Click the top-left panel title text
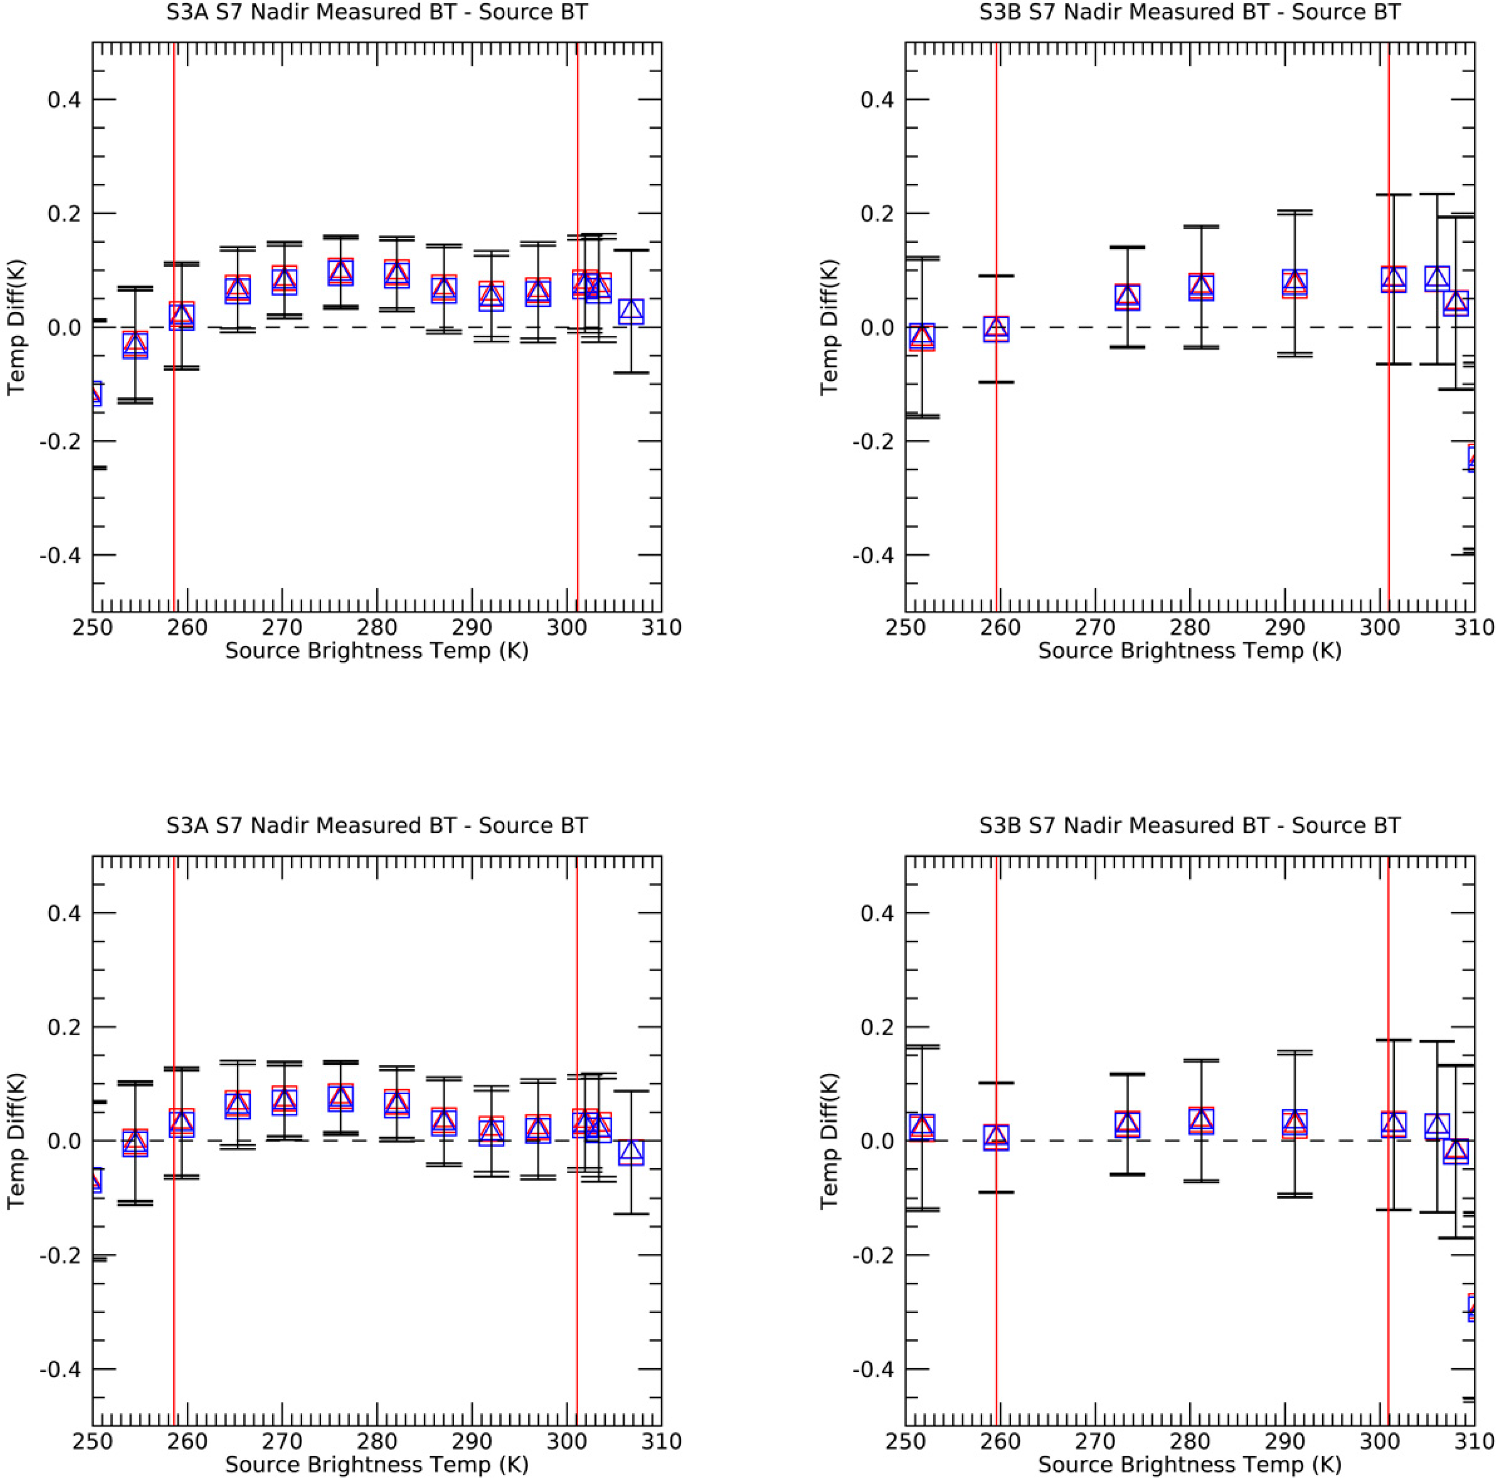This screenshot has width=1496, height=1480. point(377,12)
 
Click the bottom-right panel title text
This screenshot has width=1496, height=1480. point(1190,826)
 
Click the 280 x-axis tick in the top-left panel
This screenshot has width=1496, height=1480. point(377,627)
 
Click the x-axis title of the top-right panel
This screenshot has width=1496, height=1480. point(1190,650)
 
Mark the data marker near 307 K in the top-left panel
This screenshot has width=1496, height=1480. point(631,310)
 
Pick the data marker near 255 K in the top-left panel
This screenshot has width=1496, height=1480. point(136,344)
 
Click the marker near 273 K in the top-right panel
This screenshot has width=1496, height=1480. point(1128,296)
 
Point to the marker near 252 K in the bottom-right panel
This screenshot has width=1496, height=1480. point(921,1127)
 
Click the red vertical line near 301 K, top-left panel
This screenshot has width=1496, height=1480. point(578,465)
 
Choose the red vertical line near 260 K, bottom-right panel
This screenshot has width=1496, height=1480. point(996,1277)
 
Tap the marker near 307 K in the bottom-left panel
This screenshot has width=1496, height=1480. point(631,1152)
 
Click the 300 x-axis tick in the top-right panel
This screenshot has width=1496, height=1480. point(1380,627)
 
